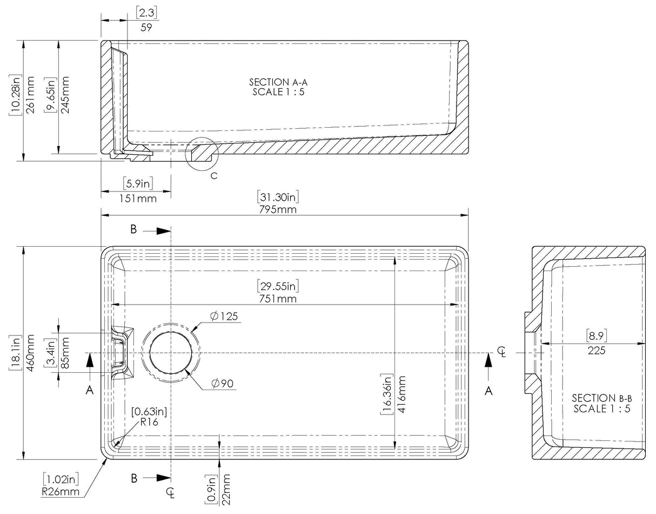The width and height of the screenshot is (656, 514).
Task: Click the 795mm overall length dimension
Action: (x=279, y=209)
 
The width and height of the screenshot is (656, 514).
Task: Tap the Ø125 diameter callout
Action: (x=225, y=316)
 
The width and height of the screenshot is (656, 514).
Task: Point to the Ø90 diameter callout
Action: (x=222, y=384)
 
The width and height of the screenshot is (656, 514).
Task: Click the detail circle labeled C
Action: (x=201, y=154)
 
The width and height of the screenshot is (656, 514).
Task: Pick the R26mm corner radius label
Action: (x=62, y=491)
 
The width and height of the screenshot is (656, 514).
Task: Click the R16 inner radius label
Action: (x=149, y=423)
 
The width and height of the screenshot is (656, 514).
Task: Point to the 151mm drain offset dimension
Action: (x=137, y=198)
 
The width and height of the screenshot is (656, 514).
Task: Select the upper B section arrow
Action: (x=162, y=231)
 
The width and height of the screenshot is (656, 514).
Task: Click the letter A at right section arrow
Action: (x=488, y=391)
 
